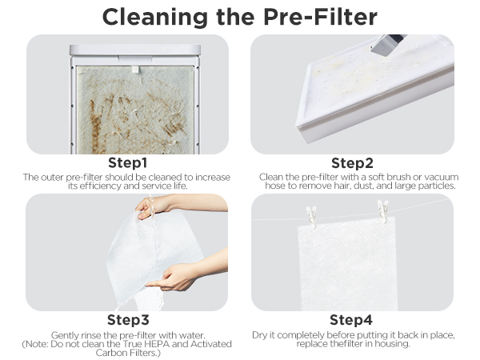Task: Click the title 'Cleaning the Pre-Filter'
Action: point(240,16)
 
